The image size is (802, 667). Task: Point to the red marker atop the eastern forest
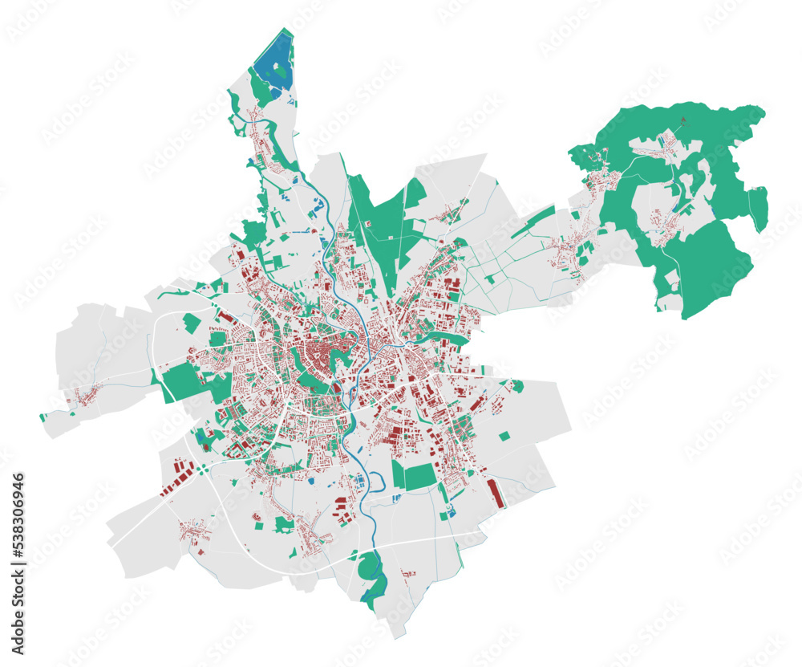coord(683,121)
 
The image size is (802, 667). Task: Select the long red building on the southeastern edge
coord(495,492)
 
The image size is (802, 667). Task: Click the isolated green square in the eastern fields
coord(504,436)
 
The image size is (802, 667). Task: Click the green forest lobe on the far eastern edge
coord(758,207)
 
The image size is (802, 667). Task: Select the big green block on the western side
coord(184,380)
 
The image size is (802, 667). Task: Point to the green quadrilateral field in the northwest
coord(191,323)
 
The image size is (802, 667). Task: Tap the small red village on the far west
coord(84,395)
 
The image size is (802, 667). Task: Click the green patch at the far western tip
coord(43,417)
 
